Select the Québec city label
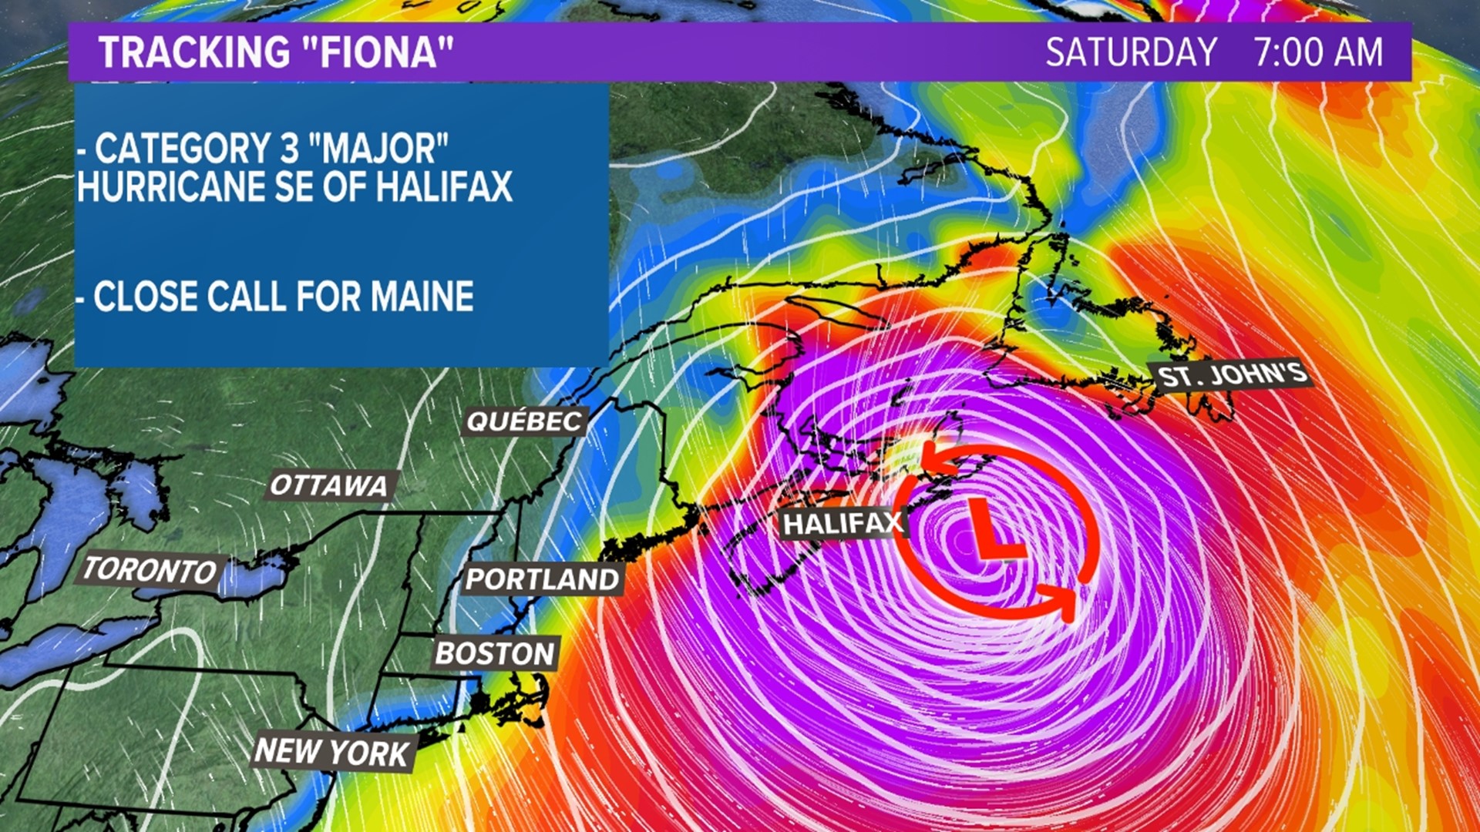pyautogui.click(x=525, y=421)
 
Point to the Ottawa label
pyautogui.click(x=329, y=485)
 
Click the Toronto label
pyautogui.click(x=150, y=570)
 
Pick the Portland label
pyautogui.click(x=543, y=579)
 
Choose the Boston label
pyautogui.click(x=495, y=653)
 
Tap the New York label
pyautogui.click(x=332, y=751)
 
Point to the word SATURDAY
pyautogui.click(x=1131, y=52)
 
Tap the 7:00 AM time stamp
pyautogui.click(x=1318, y=52)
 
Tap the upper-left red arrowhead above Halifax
pyautogui.click(x=934, y=458)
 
